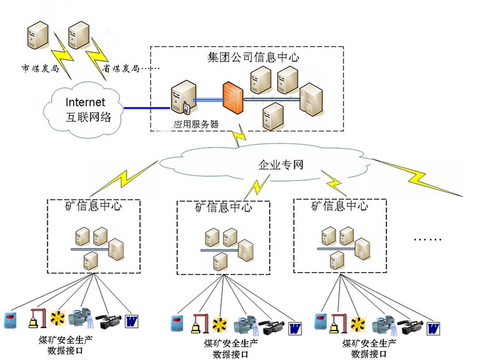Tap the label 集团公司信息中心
(x=253, y=57)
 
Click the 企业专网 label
(x=280, y=165)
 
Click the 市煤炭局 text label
(x=37, y=68)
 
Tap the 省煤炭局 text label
(x=121, y=68)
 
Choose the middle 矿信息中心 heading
(x=223, y=208)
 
